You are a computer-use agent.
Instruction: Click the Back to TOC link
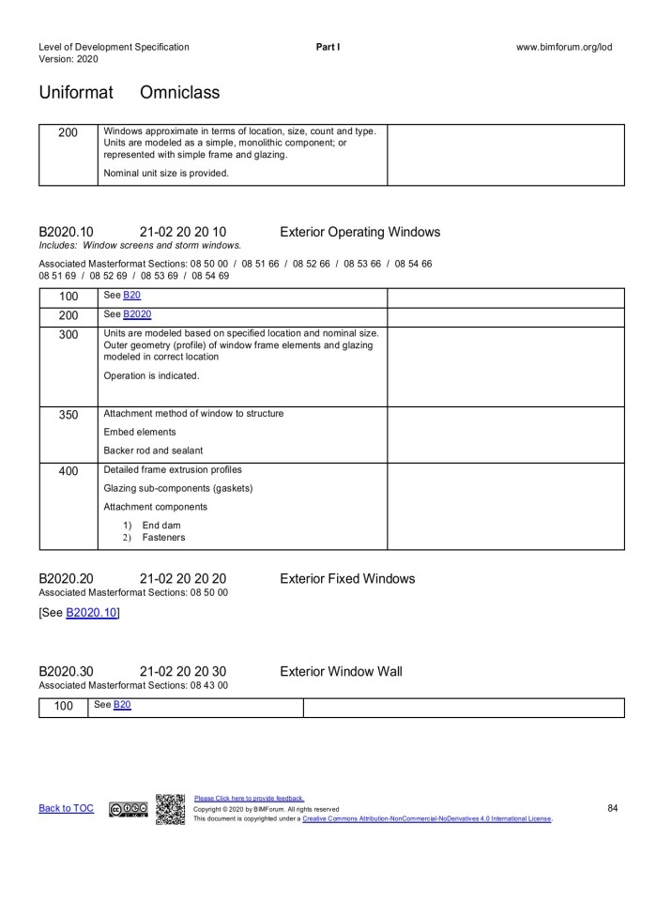click(x=66, y=808)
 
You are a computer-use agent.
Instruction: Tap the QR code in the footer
click(x=170, y=810)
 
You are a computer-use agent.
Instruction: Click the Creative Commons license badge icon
click(x=128, y=809)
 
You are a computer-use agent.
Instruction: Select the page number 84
click(x=612, y=807)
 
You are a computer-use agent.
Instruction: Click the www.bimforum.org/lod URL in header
click(x=564, y=47)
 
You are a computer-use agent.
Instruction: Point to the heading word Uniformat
click(x=76, y=93)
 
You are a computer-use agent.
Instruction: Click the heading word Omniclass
click(x=180, y=93)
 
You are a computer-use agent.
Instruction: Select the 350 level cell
click(x=69, y=415)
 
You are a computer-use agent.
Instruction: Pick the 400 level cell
click(x=69, y=471)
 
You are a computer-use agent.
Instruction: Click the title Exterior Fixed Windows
click(x=347, y=579)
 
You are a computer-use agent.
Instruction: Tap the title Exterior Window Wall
click(x=341, y=671)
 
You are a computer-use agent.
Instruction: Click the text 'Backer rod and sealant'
click(x=153, y=450)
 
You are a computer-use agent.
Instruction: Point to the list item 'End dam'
click(x=161, y=525)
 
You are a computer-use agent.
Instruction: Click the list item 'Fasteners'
click(x=163, y=538)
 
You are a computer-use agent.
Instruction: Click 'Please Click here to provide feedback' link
click(x=249, y=799)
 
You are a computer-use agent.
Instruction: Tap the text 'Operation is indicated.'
click(x=151, y=375)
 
